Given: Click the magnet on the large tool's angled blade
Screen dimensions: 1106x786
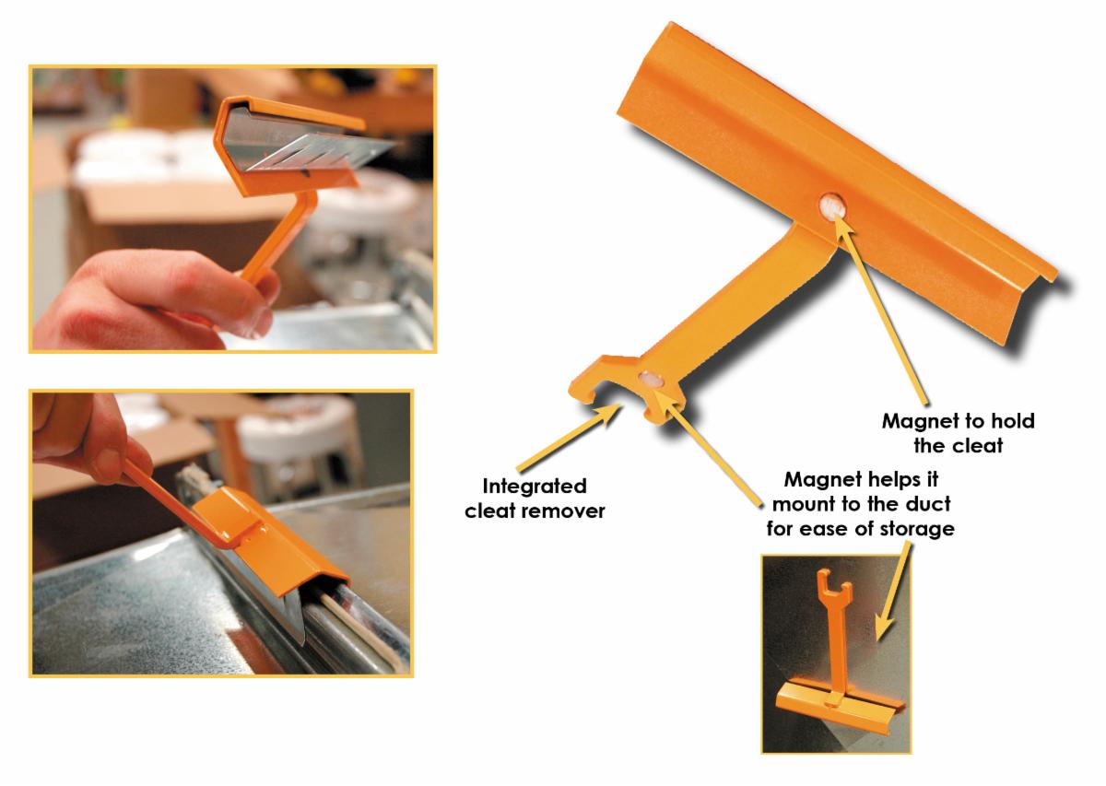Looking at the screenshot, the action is (x=832, y=207).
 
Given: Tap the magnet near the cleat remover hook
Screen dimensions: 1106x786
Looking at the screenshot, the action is (x=651, y=379).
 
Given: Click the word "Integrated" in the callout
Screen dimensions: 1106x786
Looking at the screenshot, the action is (x=535, y=487).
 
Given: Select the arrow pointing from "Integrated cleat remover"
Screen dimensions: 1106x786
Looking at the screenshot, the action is (x=568, y=437).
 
